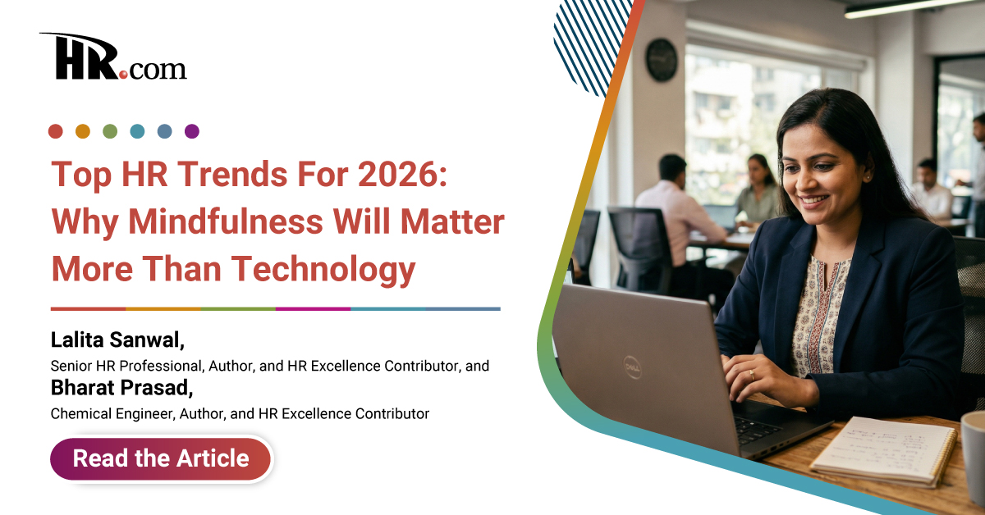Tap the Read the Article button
161,458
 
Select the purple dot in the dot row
192,131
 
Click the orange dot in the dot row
83,131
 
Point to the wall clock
662,60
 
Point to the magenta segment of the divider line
312,309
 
